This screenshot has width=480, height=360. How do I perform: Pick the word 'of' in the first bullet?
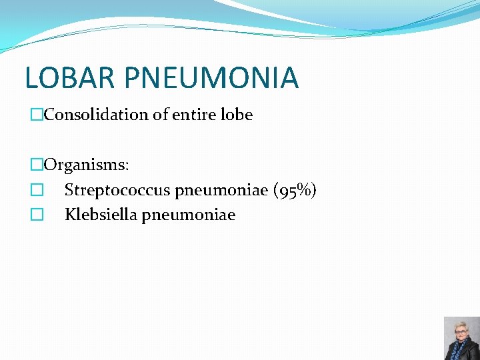coord(160,115)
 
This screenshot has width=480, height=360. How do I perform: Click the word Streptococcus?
coord(117,191)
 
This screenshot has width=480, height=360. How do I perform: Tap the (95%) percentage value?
coord(295,191)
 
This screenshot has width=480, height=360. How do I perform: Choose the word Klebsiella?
coord(101,215)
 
